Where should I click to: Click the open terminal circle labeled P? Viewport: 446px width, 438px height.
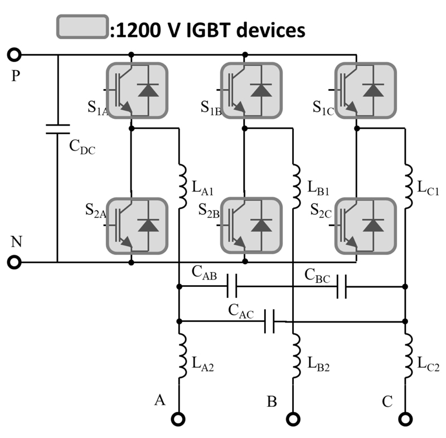(15, 55)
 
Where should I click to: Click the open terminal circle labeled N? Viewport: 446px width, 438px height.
(15, 262)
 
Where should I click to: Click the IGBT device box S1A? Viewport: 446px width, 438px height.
(137, 90)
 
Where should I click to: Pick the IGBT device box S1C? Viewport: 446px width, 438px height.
(365, 90)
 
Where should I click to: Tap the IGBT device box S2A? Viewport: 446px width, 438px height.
(137, 225)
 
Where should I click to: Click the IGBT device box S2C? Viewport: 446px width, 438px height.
(365, 225)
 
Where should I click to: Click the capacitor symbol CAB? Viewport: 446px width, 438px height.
(232, 287)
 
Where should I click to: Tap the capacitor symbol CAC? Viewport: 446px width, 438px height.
(270, 321)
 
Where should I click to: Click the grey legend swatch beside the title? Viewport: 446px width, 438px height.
(81, 26)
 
